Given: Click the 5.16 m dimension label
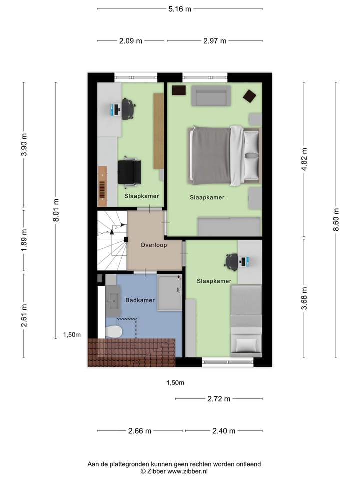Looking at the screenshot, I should pos(180,9).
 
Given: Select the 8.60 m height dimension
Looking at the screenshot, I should pos(336,220).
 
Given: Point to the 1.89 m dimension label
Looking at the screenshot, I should pos(24,241).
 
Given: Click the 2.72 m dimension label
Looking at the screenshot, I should pos(219,399).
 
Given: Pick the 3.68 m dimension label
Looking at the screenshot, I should pos(304,298).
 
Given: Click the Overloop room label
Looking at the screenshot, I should pos(154,245).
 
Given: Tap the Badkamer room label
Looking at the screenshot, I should pos(140,300).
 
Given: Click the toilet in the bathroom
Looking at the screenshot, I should pos(114,331).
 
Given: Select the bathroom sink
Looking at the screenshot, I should pos(113,300).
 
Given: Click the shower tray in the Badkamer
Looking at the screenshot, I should pos(170,292).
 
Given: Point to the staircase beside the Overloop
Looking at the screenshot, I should pos(112,240).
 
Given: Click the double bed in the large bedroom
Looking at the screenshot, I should pos(224,155).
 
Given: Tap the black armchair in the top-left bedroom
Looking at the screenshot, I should pos(129,171).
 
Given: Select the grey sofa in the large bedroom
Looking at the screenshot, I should pos(211,96).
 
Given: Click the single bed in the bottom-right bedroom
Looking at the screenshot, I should pos(246,319).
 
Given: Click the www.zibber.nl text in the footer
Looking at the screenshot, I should pos(188,471).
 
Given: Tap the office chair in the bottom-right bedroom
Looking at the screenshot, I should pos(232,261).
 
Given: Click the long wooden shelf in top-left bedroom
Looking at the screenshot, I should pos(158,131).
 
